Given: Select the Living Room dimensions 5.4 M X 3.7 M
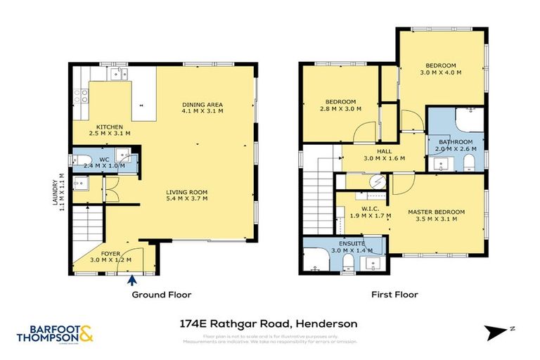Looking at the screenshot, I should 186,200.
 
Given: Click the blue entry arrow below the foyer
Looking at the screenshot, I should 132,280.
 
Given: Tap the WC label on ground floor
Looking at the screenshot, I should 103,160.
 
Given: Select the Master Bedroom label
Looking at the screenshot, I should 437,212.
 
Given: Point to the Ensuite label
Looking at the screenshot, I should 344,244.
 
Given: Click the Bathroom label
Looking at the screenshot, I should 455,141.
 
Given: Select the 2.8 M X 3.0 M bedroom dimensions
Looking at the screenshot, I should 341,109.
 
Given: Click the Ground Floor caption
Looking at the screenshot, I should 162,295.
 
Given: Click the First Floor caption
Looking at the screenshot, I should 394,295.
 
